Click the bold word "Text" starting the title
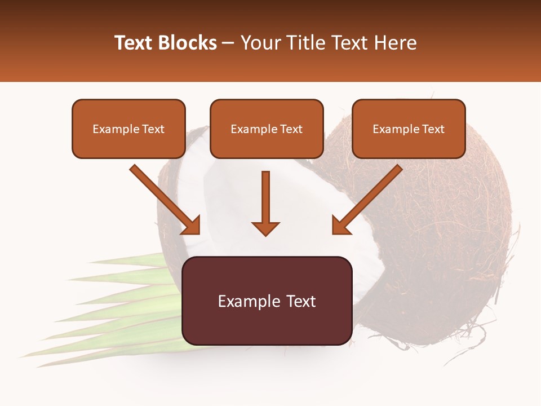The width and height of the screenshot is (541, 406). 135,43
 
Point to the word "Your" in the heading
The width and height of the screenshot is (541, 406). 261,43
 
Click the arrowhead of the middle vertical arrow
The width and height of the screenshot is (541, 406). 265,228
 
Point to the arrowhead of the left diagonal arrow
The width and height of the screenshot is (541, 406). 192,226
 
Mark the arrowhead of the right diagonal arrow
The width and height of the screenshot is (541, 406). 341,226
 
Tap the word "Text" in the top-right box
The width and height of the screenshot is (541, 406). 433,129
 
